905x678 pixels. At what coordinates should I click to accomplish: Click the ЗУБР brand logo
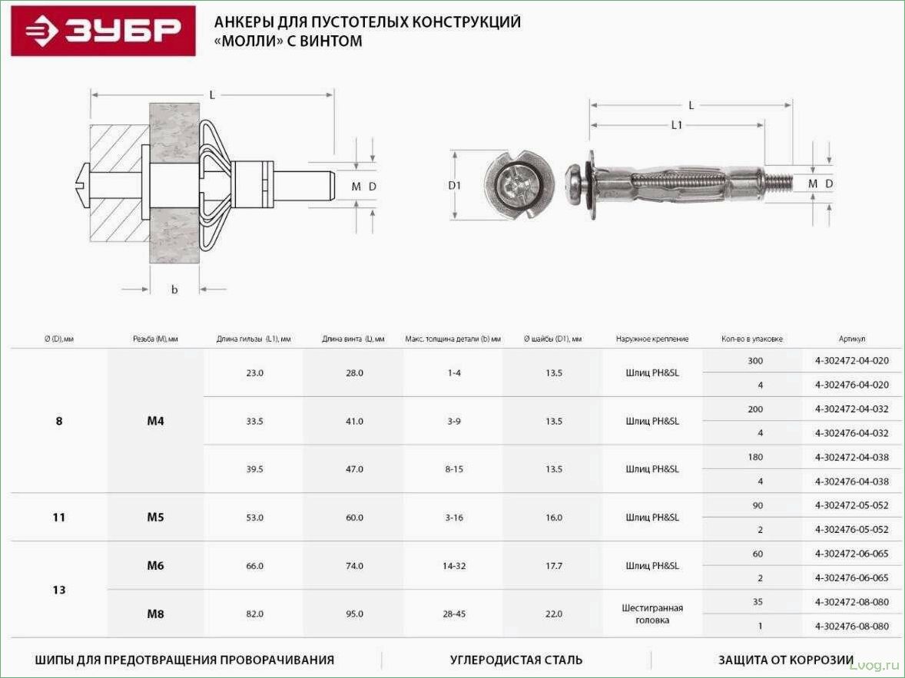103,31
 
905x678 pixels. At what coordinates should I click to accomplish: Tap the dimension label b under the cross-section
174,289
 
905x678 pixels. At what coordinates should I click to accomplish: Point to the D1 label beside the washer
455,185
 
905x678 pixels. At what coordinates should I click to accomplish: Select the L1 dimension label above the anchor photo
676,124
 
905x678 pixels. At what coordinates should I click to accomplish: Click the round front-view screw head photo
519,185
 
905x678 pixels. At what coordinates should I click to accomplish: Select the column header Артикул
852,339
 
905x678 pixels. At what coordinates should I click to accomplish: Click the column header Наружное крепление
652,339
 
